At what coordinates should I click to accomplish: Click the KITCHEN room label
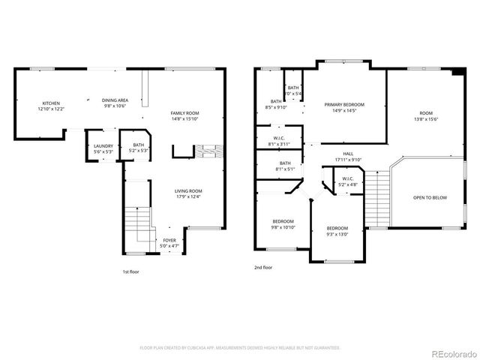(x=51, y=103)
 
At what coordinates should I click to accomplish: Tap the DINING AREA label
(x=115, y=100)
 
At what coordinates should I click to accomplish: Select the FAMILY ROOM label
(x=185, y=112)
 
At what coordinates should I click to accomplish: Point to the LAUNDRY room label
(x=103, y=145)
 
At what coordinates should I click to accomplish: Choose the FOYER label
(x=170, y=240)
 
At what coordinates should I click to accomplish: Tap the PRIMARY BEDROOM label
(x=344, y=104)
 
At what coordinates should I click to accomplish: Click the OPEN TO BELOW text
(x=430, y=198)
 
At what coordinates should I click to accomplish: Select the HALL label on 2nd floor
(x=348, y=154)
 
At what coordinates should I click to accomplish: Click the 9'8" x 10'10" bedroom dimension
(x=283, y=227)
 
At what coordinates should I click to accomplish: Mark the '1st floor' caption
(x=130, y=272)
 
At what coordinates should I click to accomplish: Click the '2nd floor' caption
(x=263, y=267)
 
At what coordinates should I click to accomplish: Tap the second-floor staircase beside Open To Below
(x=376, y=196)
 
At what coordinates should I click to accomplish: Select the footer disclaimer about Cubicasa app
(x=240, y=347)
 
